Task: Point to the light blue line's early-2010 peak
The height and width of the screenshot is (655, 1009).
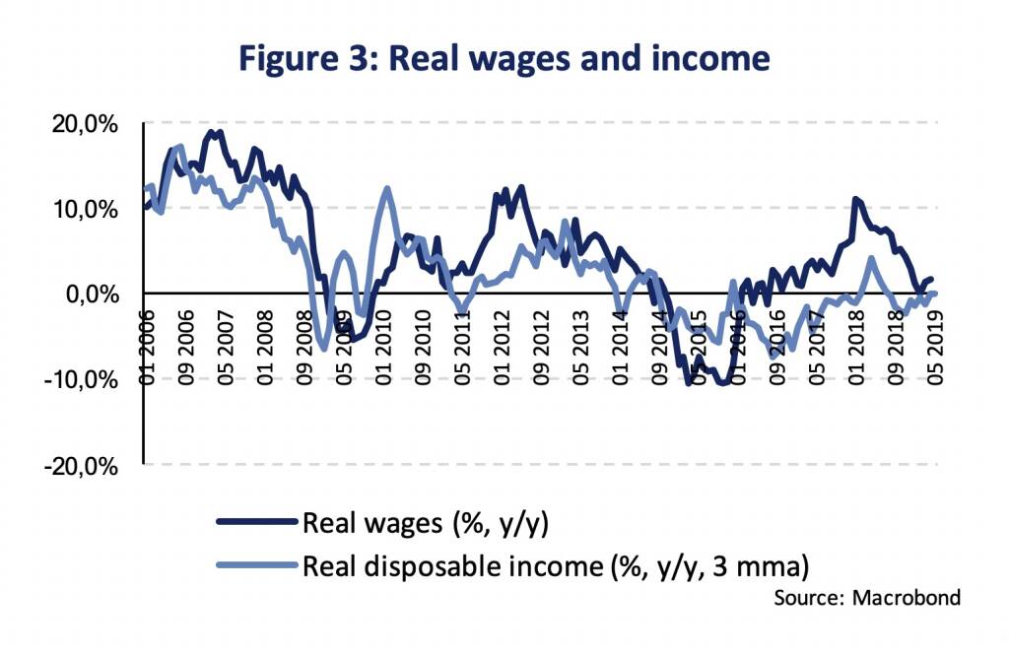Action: click(387, 188)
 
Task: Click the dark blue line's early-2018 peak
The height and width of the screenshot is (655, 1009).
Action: click(856, 200)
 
